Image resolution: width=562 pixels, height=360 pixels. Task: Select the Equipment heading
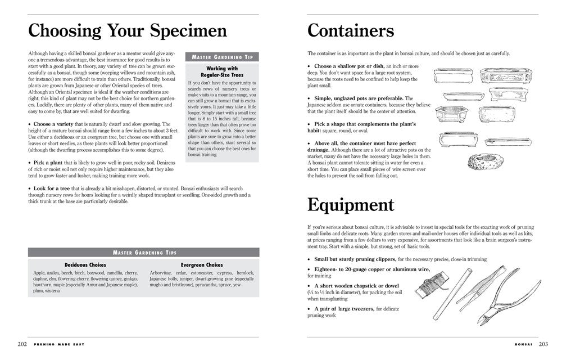351,205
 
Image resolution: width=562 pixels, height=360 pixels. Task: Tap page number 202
22,344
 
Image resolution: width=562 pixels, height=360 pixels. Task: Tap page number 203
543,344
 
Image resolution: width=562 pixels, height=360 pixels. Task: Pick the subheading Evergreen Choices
202,265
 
